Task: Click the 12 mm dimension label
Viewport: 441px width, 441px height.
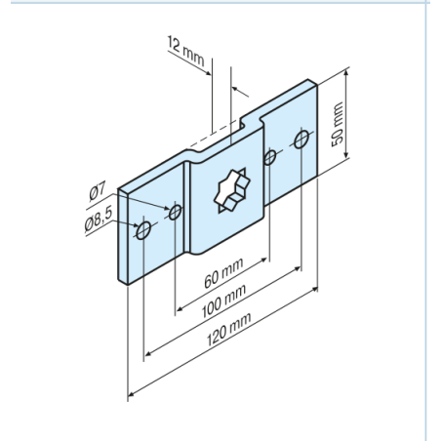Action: coord(185,51)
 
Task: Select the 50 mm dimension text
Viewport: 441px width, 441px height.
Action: coord(338,124)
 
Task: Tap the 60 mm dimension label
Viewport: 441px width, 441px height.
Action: coord(223,273)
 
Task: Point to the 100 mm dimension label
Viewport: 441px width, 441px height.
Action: coord(223,301)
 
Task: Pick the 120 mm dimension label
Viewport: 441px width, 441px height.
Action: coord(228,329)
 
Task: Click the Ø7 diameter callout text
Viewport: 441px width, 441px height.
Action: coord(98,192)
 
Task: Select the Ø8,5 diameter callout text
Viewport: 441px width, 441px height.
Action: coord(99,220)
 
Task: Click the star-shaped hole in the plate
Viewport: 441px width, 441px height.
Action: coord(232,190)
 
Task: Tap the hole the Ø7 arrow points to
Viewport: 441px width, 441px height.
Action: coord(176,212)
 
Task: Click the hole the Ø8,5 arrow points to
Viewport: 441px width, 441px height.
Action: coord(143,230)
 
